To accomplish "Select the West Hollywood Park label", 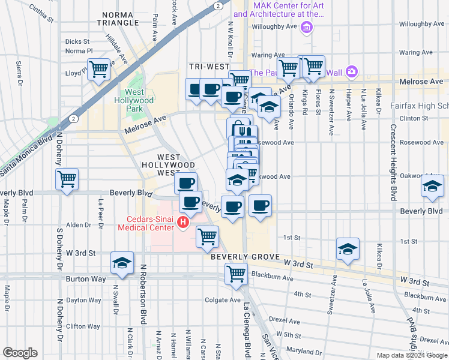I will coord(134,101).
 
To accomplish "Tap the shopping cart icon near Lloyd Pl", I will coord(98,68).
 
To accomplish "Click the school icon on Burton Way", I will coord(121,263).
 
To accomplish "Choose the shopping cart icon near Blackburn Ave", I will coord(236,274).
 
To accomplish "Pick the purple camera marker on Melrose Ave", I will coord(351,72).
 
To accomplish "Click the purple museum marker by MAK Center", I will coord(307,26).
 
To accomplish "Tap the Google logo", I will coord(20,353).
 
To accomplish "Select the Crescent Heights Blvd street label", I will coord(394,162).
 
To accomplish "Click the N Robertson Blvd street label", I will coord(143,293).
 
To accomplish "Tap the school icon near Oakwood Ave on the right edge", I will coord(432,187).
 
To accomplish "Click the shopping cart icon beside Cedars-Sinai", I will coord(207,236).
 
